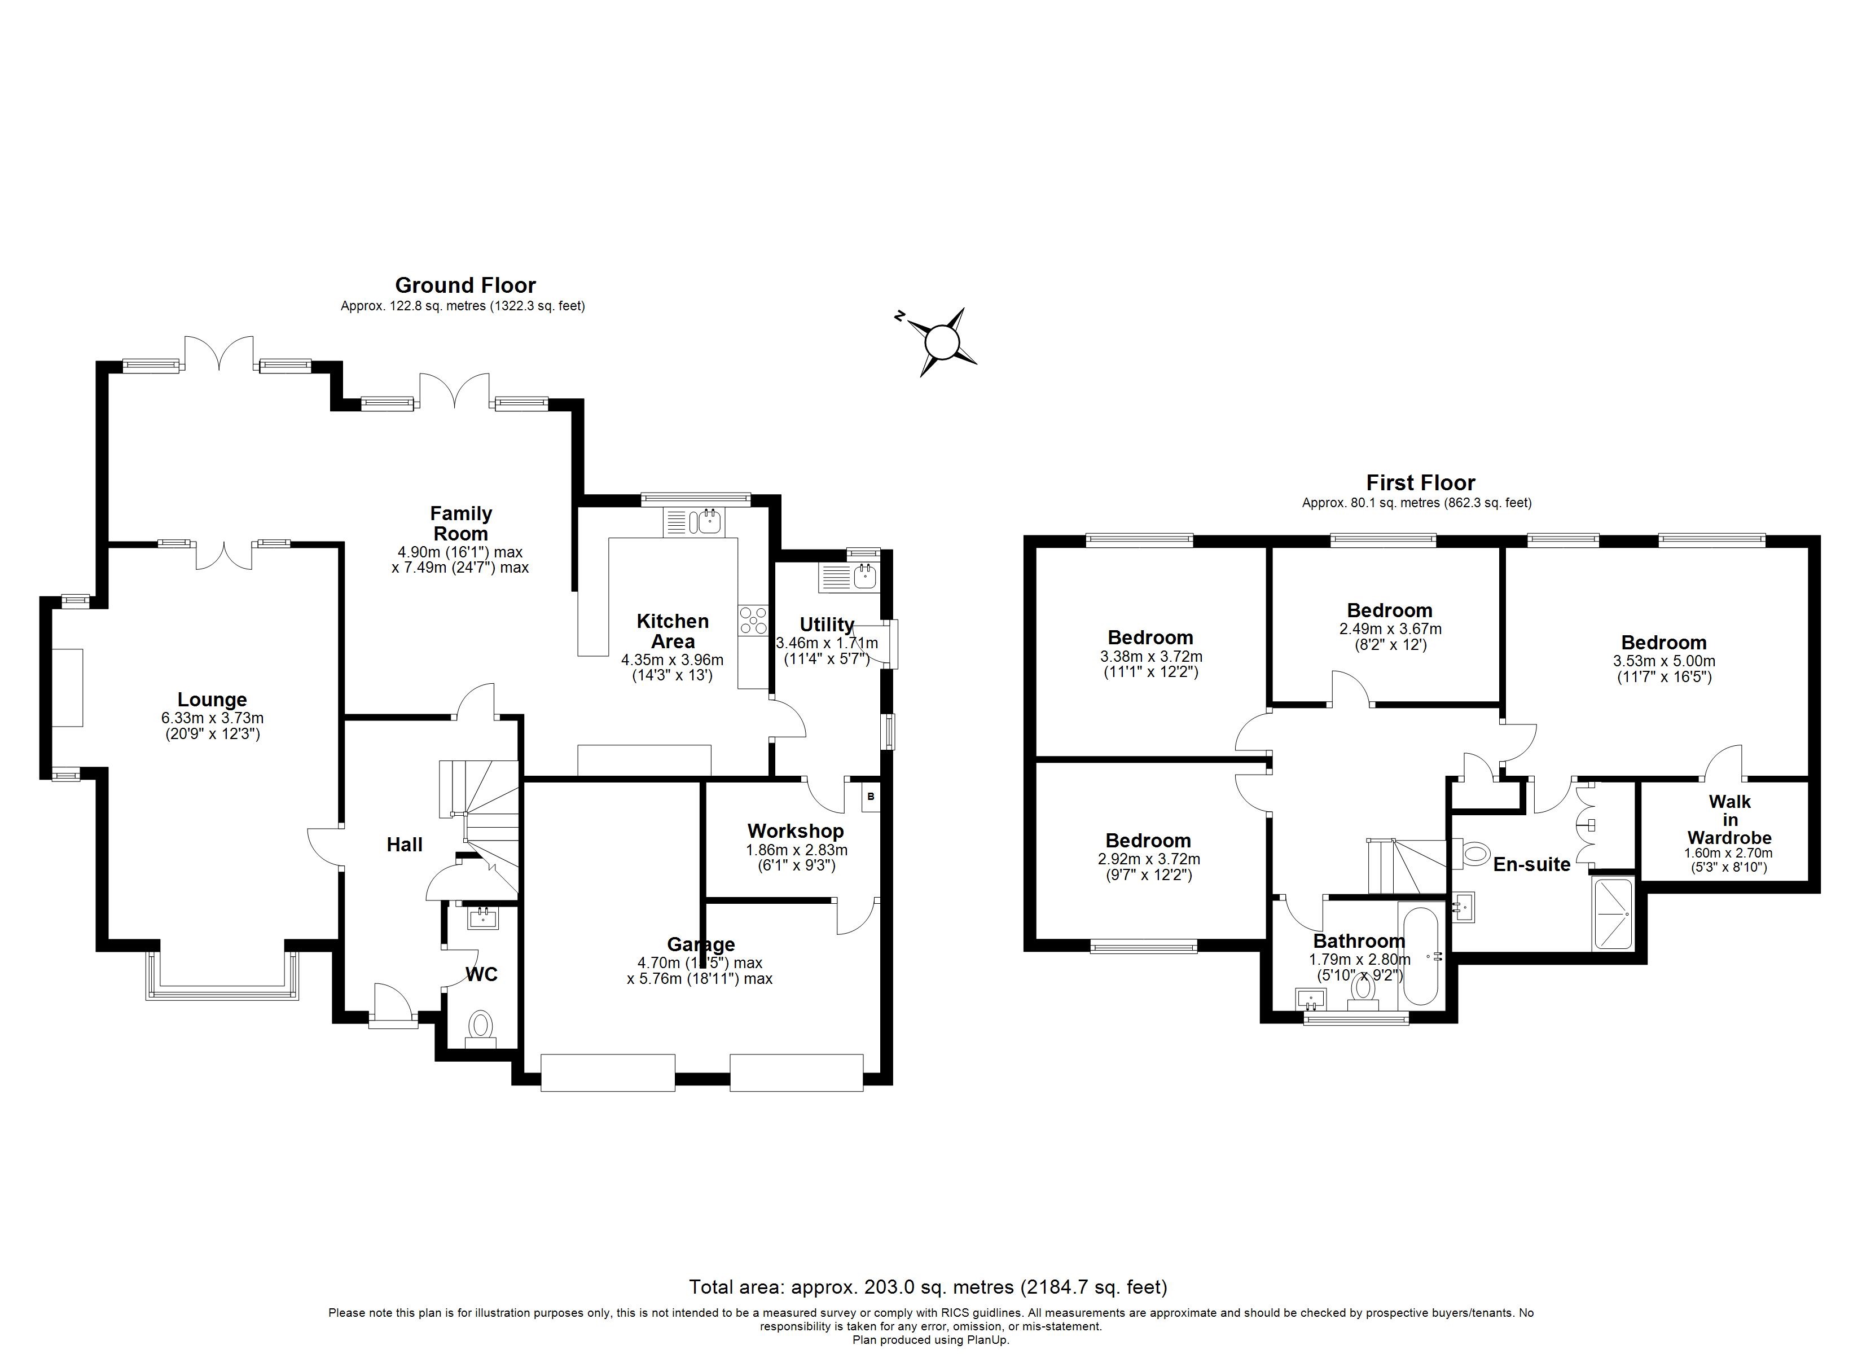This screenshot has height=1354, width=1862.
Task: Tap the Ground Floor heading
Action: pyautogui.click(x=465, y=285)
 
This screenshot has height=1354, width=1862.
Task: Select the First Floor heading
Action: pyautogui.click(x=1420, y=483)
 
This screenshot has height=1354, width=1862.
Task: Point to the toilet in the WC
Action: pyautogui.click(x=480, y=1026)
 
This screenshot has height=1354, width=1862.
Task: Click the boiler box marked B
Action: pyautogui.click(x=870, y=797)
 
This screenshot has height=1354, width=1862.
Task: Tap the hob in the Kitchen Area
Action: pyautogui.click(x=752, y=621)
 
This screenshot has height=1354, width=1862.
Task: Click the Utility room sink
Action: pyautogui.click(x=864, y=577)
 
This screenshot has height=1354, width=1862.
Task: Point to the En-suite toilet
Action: pyautogui.click(x=1474, y=854)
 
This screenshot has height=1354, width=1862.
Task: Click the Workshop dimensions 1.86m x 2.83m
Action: pyautogui.click(x=796, y=851)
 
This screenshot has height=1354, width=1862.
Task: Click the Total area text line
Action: pyautogui.click(x=928, y=1287)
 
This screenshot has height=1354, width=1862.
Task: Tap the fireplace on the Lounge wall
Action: pyautogui.click(x=68, y=687)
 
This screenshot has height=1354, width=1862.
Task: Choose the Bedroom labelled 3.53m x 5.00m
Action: pyautogui.click(x=1663, y=643)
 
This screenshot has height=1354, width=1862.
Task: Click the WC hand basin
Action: pyautogui.click(x=483, y=918)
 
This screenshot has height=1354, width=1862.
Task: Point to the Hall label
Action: pyautogui.click(x=404, y=845)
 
